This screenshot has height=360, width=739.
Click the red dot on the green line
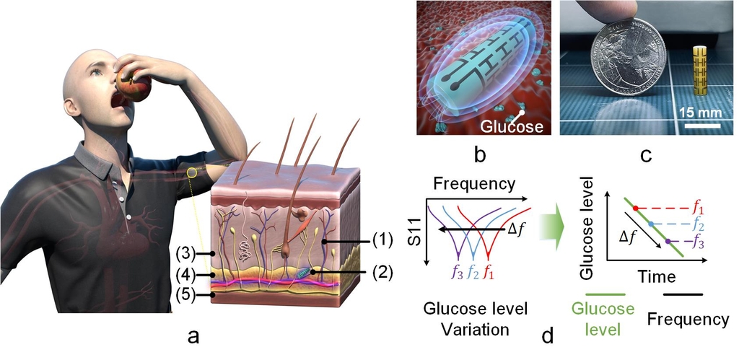[x=634, y=208]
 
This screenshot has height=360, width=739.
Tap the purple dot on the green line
[x=668, y=242]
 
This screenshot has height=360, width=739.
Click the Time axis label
[x=655, y=276]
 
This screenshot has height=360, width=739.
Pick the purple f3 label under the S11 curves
[x=456, y=272]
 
